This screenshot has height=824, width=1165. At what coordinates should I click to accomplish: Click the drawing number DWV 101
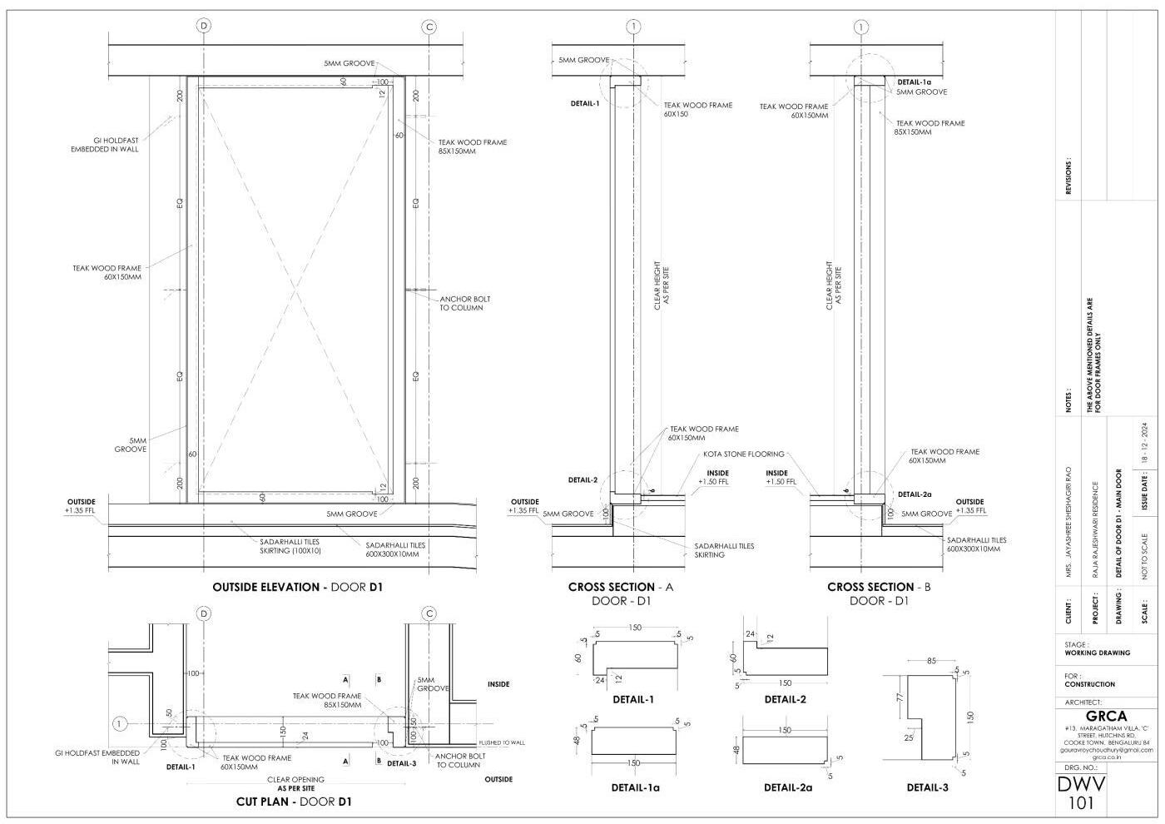click(1081, 793)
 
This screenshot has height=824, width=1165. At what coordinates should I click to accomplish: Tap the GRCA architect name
click(1106, 716)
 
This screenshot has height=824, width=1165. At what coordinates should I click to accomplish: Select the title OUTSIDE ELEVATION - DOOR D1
click(297, 587)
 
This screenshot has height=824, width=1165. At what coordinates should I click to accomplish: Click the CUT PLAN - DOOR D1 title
click(294, 802)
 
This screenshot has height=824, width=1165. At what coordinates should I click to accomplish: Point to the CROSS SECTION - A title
click(621, 587)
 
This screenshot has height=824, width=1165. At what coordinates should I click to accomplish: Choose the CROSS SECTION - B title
click(879, 587)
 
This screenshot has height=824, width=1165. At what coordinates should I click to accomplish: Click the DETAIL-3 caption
click(927, 787)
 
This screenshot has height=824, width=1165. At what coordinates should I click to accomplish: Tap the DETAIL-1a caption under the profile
click(635, 787)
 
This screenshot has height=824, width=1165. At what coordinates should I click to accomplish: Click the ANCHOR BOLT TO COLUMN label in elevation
click(464, 304)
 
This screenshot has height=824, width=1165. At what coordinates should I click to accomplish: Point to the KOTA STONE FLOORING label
click(743, 454)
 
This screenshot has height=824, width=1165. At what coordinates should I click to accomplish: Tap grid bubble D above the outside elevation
click(204, 26)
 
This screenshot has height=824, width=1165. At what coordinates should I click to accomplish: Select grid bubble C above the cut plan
click(429, 614)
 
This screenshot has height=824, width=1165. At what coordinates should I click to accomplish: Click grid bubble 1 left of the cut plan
click(119, 724)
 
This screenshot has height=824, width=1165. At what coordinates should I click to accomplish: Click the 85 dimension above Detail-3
click(931, 661)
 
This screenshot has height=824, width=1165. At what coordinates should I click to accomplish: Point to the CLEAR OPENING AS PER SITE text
click(295, 784)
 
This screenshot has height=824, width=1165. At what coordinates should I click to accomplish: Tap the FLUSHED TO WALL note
click(502, 742)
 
